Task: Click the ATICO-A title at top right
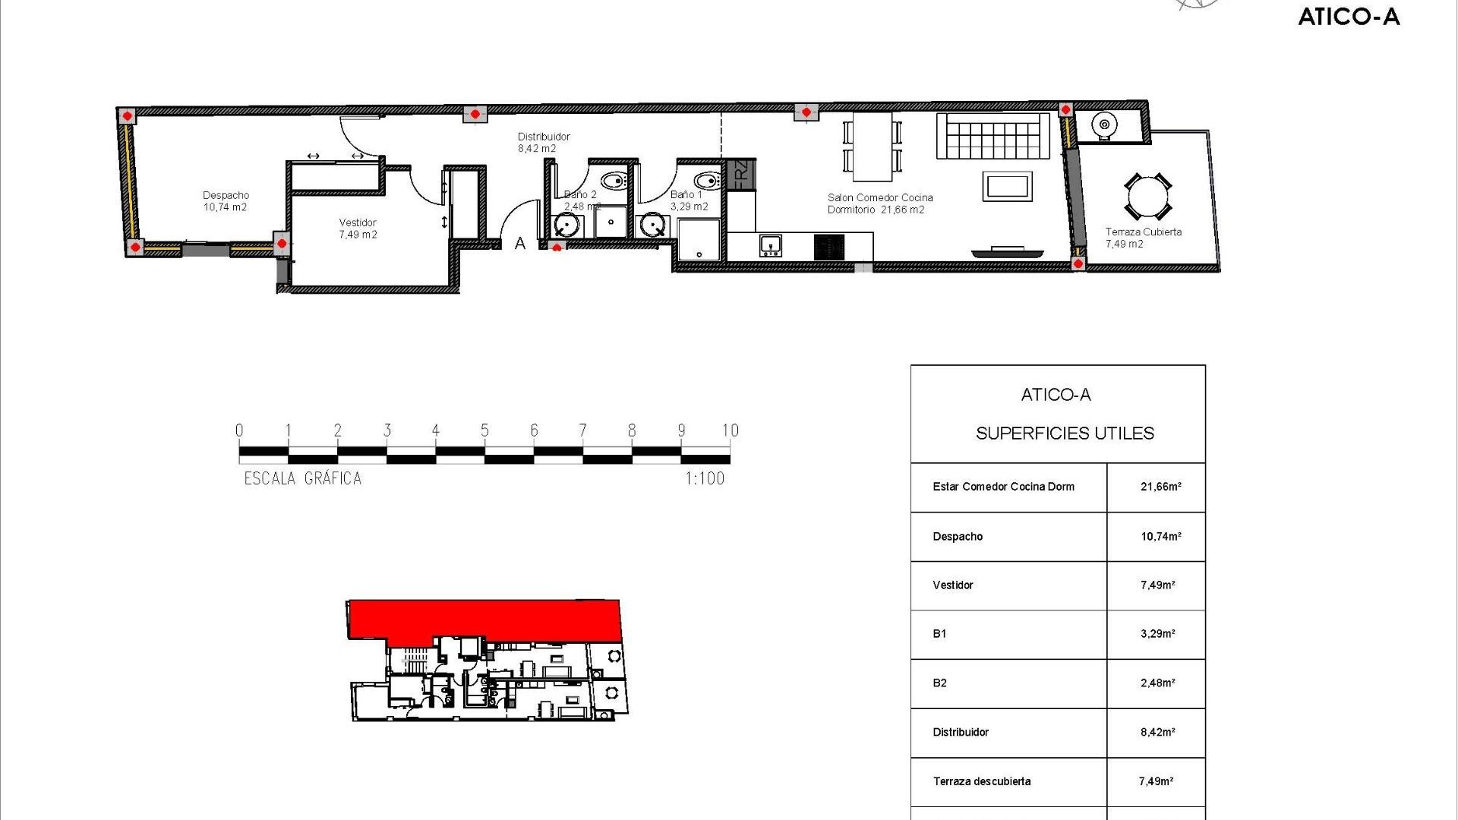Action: click(x=1349, y=17)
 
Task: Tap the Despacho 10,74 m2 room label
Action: click(x=226, y=201)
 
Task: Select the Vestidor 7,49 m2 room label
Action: click(x=358, y=229)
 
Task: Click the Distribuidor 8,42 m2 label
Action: click(x=543, y=143)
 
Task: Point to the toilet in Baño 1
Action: click(x=708, y=181)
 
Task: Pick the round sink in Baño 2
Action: click(x=567, y=225)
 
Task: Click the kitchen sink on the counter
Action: click(x=770, y=245)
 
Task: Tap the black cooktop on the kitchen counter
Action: click(x=828, y=247)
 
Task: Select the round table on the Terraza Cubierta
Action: click(x=1147, y=197)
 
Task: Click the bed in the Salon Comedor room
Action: click(x=993, y=137)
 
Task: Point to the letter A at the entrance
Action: click(x=520, y=244)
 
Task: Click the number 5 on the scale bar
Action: click(x=484, y=430)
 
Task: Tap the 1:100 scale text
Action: click(x=705, y=478)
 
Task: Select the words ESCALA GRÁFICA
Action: click(x=302, y=478)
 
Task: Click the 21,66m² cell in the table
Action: click(x=1160, y=487)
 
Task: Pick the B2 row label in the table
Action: click(x=939, y=683)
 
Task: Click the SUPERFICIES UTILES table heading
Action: click(x=1064, y=433)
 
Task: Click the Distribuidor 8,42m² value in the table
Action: click(x=1157, y=732)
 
